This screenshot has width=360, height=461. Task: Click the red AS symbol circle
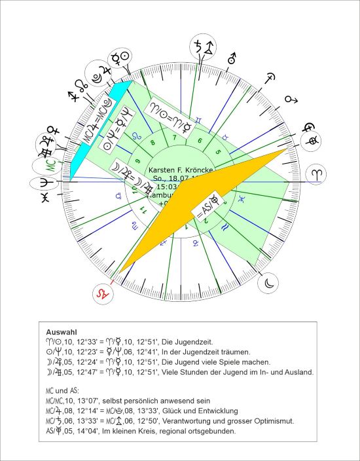pyautogui.click(x=101, y=293)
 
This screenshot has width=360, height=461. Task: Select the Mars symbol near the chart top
pyautogui.click(x=230, y=60)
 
